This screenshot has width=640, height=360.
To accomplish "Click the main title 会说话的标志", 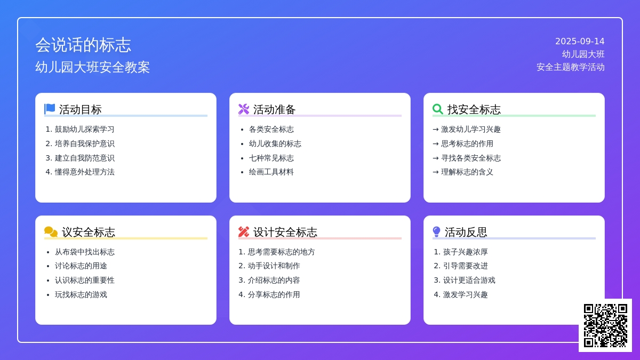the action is [83, 45].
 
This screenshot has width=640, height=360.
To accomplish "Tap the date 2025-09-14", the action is [580, 42].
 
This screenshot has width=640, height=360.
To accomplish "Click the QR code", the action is [605, 325].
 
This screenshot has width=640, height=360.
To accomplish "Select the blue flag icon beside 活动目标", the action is [50, 109].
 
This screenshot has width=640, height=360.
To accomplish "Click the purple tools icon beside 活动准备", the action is [244, 109].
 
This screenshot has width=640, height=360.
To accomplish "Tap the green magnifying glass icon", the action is [438, 109].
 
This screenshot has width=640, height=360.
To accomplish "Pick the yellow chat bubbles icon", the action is [51, 231].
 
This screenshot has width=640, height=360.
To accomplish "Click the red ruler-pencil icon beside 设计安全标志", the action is [244, 231].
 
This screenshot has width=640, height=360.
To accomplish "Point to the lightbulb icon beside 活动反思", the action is [436, 231].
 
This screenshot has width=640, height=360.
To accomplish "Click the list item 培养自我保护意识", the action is [85, 143].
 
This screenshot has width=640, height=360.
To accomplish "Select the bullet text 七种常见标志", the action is [271, 158].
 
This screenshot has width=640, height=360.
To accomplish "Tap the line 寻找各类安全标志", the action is [471, 158].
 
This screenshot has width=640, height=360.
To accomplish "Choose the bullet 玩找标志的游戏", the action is [81, 294].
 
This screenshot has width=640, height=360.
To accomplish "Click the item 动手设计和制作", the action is [274, 266].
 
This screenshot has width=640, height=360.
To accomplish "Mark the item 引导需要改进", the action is [466, 266].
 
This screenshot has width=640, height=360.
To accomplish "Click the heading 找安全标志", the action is [474, 109].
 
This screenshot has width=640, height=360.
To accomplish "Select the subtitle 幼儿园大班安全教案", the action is [93, 67].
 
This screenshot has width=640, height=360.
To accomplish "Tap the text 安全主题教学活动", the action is [571, 67].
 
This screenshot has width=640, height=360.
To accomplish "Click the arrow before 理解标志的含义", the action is [436, 172].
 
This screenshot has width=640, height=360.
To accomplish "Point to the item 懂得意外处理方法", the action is [85, 172].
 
